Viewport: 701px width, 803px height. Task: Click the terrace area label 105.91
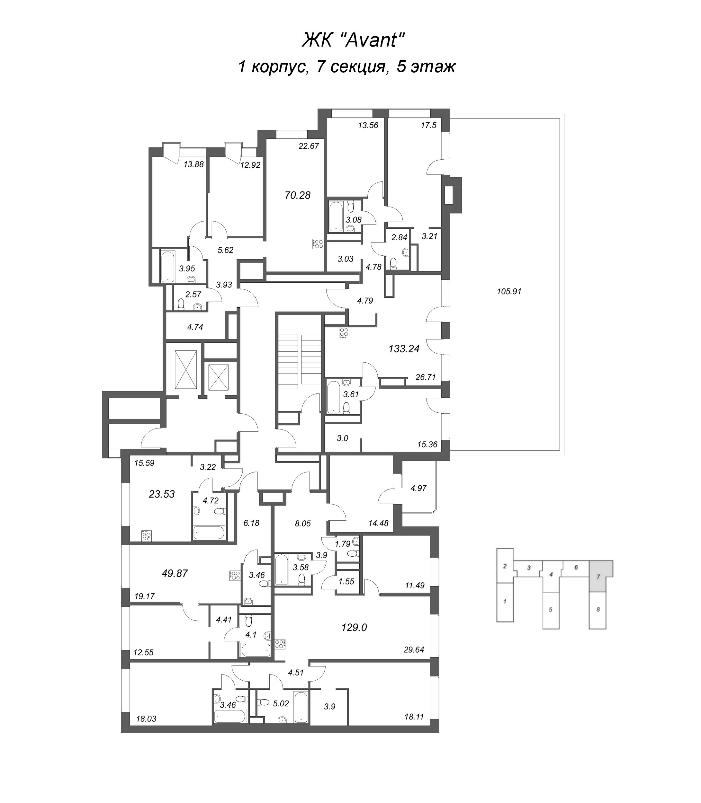pyautogui.click(x=509, y=291)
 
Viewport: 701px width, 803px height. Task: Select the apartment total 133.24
pyautogui.click(x=404, y=349)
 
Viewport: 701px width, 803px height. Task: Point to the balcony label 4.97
pyautogui.click(x=418, y=488)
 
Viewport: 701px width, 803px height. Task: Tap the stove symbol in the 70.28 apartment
pyautogui.click(x=318, y=244)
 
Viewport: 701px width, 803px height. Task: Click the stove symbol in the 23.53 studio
pyautogui.click(x=147, y=535)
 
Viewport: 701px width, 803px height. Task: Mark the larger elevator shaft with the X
pyautogui.click(x=186, y=370)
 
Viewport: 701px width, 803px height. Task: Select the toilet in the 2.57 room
pyautogui.click(x=181, y=304)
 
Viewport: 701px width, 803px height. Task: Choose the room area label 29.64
pyautogui.click(x=414, y=650)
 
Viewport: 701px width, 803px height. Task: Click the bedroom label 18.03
pyautogui.click(x=146, y=719)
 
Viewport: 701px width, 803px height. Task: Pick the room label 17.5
pyautogui.click(x=429, y=126)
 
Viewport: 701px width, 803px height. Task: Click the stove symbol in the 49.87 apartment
pyautogui.click(x=235, y=575)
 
